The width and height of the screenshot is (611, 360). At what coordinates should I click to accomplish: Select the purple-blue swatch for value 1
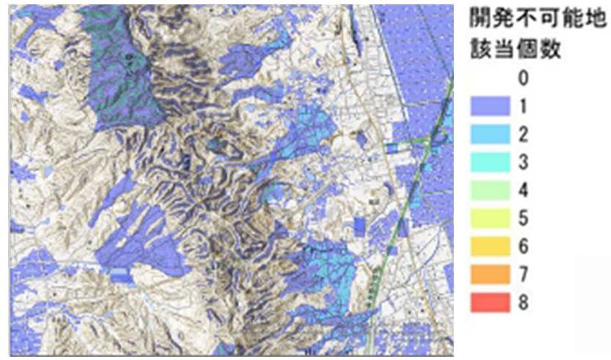tap(490, 106)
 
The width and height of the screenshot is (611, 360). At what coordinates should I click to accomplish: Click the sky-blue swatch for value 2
tap(490, 134)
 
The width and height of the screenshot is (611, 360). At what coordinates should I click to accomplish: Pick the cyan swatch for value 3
tap(490, 162)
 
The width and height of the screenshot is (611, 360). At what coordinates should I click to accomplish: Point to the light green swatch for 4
tap(490, 190)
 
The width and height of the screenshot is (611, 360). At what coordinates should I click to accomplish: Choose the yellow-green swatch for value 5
tap(490, 219)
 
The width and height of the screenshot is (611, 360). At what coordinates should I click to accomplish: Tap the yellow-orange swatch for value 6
tap(490, 247)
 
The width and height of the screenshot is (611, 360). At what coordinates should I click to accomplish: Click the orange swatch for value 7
tap(490, 275)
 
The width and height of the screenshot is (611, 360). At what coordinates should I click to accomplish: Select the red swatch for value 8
tap(490, 303)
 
